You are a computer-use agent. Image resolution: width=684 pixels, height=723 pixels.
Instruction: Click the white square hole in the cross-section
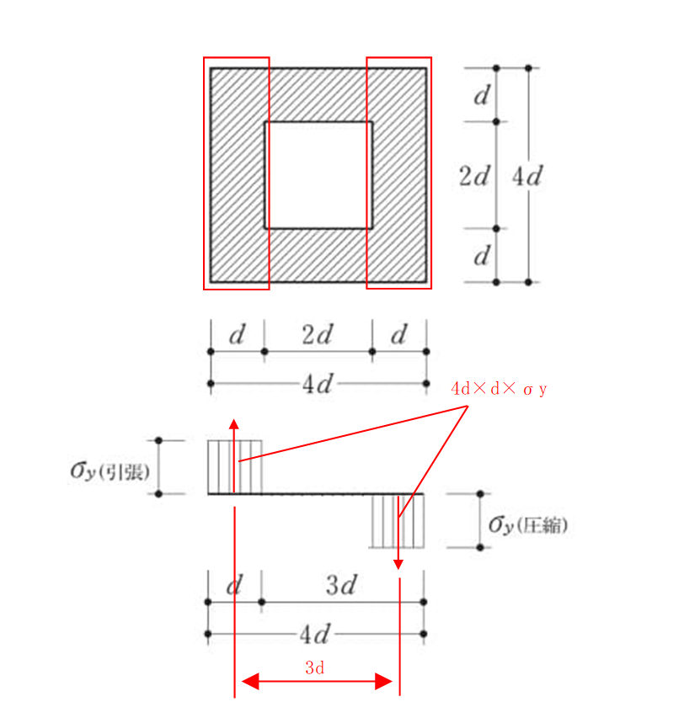coord(318,175)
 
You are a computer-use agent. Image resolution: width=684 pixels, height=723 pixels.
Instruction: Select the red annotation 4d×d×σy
coord(499,389)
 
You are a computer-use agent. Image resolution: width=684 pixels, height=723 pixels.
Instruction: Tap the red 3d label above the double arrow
coord(315,667)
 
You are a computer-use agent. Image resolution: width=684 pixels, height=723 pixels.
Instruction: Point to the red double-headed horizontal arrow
coord(317,681)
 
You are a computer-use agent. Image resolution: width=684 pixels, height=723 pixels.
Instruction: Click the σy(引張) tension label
coord(110,471)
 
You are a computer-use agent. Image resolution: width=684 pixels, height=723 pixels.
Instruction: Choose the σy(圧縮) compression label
coord(528,524)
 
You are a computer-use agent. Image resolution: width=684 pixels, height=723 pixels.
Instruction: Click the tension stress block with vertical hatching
coord(235,467)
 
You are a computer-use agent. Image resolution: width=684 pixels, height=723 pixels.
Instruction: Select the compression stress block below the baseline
coord(398,522)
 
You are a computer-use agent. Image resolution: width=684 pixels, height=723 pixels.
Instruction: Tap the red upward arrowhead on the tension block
coord(234,425)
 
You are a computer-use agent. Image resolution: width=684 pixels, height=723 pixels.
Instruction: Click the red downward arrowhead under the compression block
coord(398,565)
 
